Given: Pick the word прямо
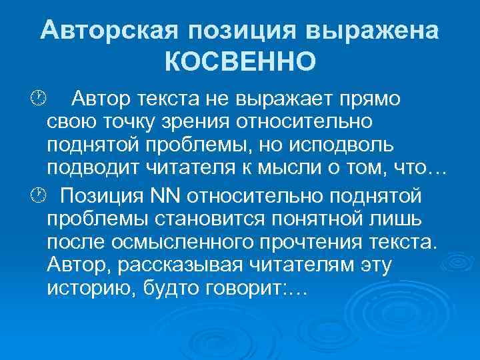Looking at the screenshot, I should [367, 99].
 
